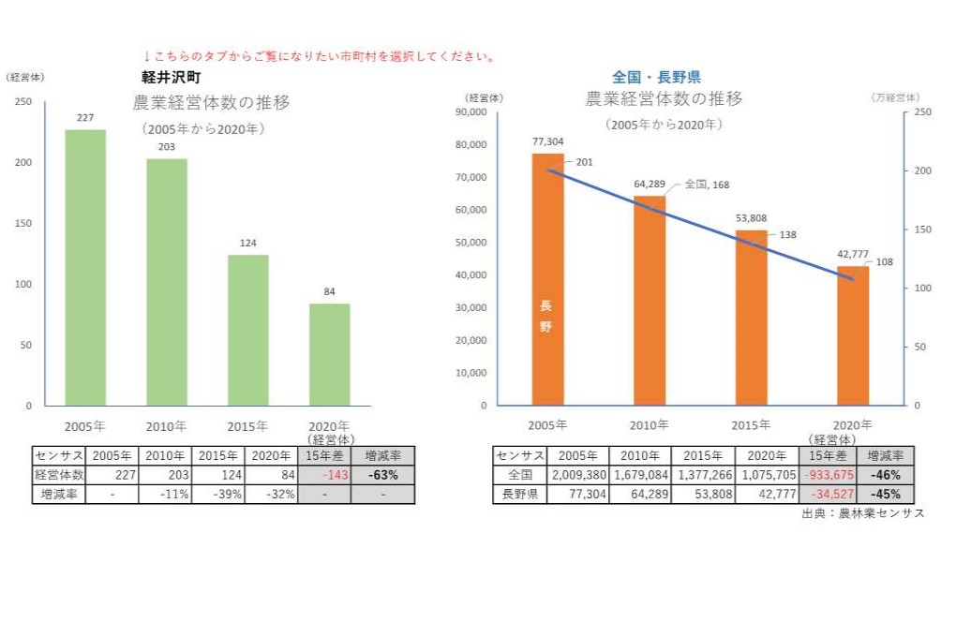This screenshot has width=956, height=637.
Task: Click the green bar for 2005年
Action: tap(85, 267)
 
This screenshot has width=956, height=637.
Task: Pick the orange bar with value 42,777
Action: tap(853, 335)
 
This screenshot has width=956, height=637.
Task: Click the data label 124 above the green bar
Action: tap(247, 244)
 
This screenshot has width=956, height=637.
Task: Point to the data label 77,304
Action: tap(547, 141)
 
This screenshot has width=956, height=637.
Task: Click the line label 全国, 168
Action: tap(707, 185)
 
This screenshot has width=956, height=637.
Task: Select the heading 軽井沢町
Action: tap(171, 77)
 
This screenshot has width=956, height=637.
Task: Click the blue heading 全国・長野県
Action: tap(656, 77)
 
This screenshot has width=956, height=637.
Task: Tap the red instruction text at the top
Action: tap(319, 56)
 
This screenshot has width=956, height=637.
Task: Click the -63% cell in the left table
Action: tap(382, 475)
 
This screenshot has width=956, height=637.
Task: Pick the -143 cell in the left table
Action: tap(324, 475)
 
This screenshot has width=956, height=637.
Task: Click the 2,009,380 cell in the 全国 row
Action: tap(579, 475)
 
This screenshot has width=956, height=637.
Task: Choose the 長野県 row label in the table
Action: tap(520, 494)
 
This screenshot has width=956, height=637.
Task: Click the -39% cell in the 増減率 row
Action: tap(218, 494)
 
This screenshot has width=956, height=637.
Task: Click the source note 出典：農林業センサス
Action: tap(862, 513)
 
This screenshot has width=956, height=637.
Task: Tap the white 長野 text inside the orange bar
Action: tap(546, 317)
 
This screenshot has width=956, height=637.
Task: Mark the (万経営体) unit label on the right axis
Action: tap(894, 97)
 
